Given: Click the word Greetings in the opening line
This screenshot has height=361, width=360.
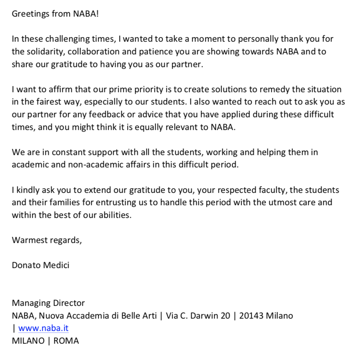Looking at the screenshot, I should [x=29, y=14].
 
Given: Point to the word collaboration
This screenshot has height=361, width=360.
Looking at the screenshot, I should [x=103, y=52].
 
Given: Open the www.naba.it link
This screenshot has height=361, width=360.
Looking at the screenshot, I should [x=44, y=329].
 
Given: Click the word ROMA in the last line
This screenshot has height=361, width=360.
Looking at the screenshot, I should [x=66, y=341].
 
